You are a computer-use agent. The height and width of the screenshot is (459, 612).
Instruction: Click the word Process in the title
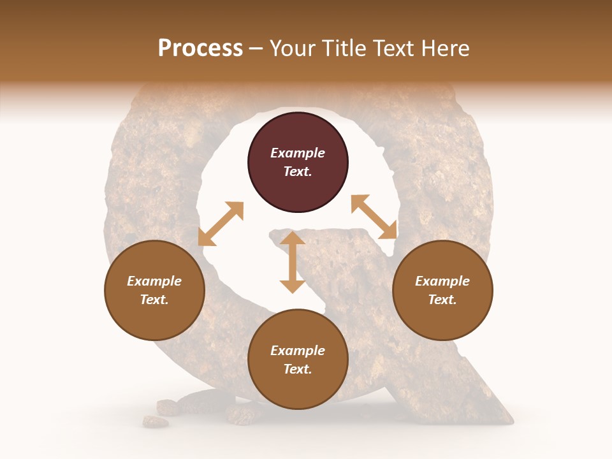[200, 48]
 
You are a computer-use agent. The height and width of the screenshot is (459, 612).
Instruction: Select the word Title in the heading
[341, 48]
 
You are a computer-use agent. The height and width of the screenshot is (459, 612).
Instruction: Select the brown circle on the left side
[154, 290]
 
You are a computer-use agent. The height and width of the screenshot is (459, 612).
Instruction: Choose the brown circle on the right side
[442, 290]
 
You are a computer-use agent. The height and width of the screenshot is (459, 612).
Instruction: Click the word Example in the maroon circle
[298, 153]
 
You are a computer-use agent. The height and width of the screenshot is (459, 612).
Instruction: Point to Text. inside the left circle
[154, 300]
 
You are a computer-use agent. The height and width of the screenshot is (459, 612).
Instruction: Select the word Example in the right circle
[442, 281]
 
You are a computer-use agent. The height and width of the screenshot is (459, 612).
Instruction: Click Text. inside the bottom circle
[298, 369]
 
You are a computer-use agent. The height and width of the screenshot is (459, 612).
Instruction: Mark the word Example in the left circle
[154, 281]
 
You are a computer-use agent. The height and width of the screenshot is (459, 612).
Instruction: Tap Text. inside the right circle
[442, 300]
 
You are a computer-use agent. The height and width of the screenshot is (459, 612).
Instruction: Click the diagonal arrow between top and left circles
[221, 224]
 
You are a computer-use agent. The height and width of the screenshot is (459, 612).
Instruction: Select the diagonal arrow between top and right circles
[374, 217]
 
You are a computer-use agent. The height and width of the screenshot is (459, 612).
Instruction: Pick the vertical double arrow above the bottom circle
[293, 262]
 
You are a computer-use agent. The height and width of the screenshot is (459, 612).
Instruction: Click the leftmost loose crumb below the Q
[155, 421]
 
